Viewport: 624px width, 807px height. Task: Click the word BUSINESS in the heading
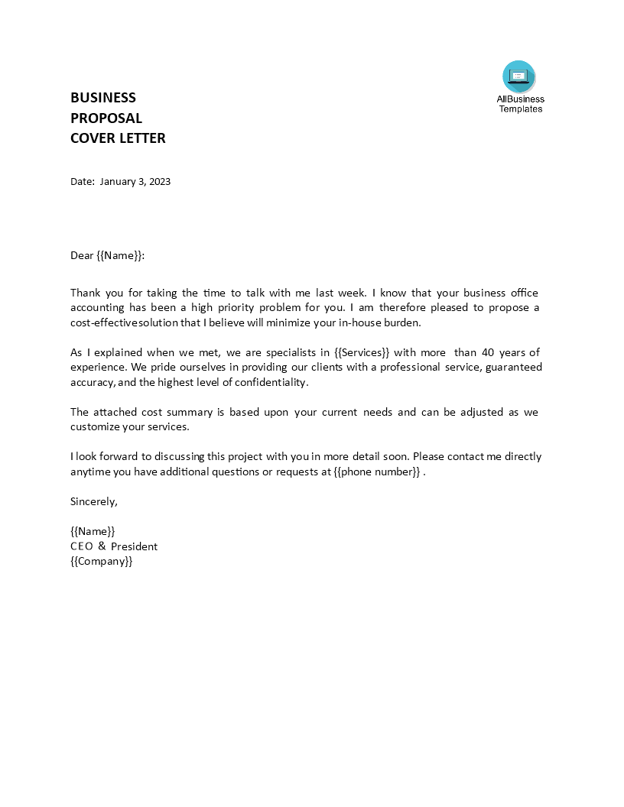coord(103,98)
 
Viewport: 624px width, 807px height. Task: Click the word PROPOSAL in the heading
coord(106,118)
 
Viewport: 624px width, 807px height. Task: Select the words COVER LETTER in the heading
coord(118,138)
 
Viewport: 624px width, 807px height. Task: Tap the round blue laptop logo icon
coord(519,76)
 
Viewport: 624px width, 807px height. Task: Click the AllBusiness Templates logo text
coord(521,104)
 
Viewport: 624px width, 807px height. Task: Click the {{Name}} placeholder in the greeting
coord(119,256)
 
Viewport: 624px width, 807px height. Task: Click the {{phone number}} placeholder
coord(377,472)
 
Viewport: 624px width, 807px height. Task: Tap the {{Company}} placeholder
coord(102,561)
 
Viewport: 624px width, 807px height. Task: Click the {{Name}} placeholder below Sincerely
coord(93,531)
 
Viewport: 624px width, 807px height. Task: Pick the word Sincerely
coord(94,501)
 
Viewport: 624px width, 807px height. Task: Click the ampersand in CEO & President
coord(102,546)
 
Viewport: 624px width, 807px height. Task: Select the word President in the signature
coord(135,546)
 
